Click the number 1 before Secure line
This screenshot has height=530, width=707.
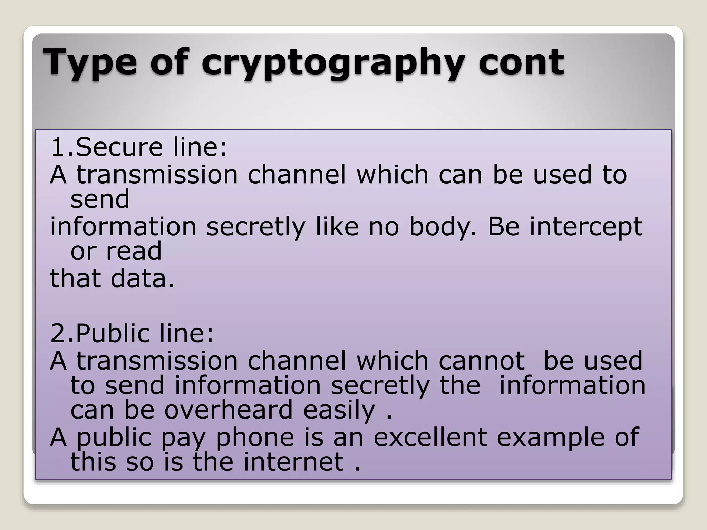click(x=57, y=147)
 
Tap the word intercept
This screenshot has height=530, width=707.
click(x=586, y=227)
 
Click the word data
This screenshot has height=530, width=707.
click(x=142, y=278)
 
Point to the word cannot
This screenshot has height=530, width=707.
click(x=482, y=361)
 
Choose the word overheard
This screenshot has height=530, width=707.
click(x=228, y=410)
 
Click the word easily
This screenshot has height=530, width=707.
click(x=339, y=410)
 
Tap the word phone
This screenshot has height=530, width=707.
click(x=255, y=438)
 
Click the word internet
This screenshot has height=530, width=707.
click(x=293, y=462)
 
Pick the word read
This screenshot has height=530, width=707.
click(x=134, y=251)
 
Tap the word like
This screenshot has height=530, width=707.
click(x=337, y=226)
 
